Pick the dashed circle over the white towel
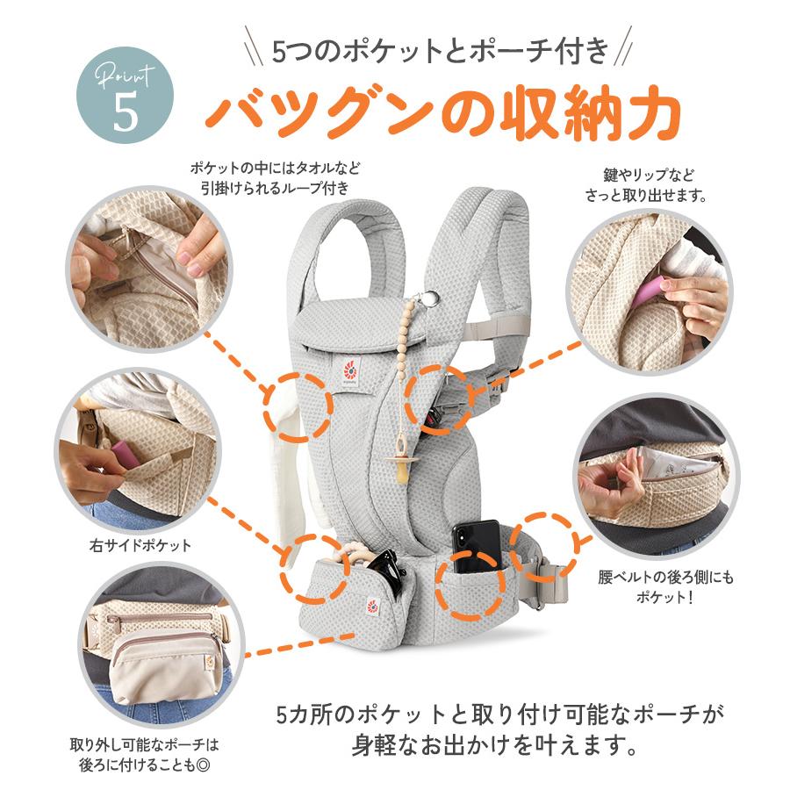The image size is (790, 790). (x=299, y=408)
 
